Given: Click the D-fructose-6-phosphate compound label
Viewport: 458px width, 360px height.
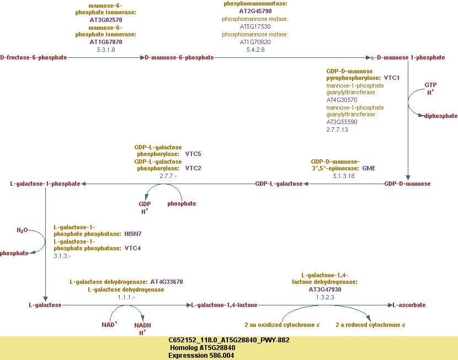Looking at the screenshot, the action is click(x=34, y=57).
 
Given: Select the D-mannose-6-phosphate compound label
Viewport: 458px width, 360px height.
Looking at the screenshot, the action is click(x=179, y=57).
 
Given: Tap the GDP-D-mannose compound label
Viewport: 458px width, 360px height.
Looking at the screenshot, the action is click(x=407, y=184).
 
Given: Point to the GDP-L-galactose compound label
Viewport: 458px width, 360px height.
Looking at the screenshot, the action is click(x=279, y=184).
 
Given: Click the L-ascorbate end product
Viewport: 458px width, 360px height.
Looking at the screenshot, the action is click(x=409, y=305).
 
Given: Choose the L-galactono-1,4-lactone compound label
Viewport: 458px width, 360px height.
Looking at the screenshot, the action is click(x=225, y=305).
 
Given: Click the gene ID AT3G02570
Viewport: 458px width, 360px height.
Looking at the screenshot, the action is click(x=106, y=20).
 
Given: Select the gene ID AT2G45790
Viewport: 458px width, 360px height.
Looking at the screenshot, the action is click(x=255, y=11).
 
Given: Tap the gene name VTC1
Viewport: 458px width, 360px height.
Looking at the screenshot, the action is click(x=391, y=78).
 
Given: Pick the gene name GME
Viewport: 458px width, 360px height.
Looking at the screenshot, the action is click(x=369, y=168).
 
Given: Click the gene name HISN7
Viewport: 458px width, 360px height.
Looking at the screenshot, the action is click(x=133, y=234).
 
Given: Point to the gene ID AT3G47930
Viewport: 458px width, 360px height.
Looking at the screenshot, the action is click(x=325, y=289).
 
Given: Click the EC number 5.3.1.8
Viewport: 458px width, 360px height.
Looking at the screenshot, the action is click(x=106, y=50).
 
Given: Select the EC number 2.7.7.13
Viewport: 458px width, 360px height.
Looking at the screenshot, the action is click(x=337, y=130).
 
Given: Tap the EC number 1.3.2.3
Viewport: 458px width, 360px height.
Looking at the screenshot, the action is click(x=325, y=297).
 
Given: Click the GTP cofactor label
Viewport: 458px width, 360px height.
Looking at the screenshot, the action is click(x=430, y=85).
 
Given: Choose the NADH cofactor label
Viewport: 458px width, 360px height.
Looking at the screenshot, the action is click(x=142, y=325).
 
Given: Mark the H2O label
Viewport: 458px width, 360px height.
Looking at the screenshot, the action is click(x=22, y=230).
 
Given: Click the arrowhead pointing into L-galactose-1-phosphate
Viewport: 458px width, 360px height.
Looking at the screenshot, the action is click(x=83, y=184).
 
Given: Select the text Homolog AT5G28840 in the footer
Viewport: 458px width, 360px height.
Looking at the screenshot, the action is click(x=203, y=348).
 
